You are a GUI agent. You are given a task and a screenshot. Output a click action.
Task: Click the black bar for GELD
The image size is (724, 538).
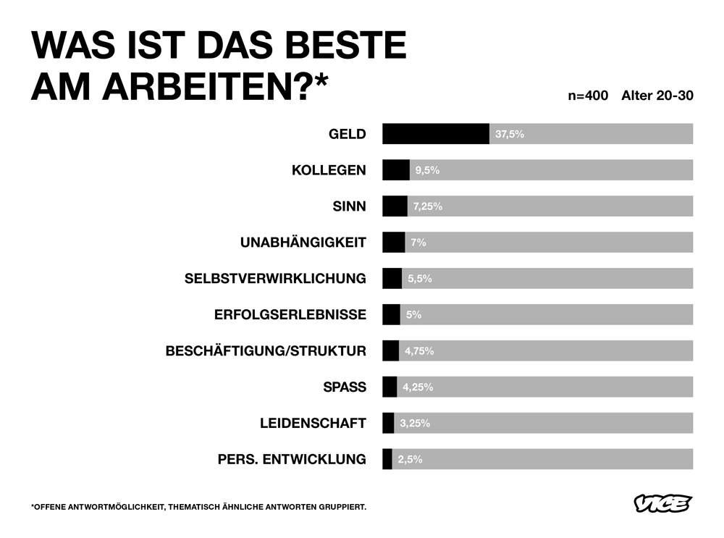click(436, 134)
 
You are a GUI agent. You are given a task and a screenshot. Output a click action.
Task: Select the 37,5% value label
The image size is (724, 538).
click(510, 134)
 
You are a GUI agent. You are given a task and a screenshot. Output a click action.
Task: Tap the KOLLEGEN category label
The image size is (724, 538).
click(329, 170)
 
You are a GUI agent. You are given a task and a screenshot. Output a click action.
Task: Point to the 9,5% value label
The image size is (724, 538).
click(427, 170)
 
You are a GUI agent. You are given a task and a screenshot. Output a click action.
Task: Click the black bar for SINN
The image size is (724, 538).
click(395, 206)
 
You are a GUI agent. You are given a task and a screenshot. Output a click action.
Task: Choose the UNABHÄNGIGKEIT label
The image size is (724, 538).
click(303, 243)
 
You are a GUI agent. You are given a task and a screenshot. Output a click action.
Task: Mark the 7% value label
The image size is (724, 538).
click(418, 243)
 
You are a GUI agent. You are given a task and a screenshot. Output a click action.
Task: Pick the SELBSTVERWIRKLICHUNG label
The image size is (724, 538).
click(275, 279)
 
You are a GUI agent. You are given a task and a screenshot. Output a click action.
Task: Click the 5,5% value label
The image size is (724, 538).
click(420, 279)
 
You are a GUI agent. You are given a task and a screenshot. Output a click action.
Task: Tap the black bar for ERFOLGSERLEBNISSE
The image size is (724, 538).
click(391, 314)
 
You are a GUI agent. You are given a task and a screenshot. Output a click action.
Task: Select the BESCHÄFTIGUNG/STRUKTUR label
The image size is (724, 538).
click(266, 351)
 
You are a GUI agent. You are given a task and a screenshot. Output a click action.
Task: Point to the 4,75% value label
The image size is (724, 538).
click(419, 351)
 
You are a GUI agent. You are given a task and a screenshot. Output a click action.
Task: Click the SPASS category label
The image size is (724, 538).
click(345, 387)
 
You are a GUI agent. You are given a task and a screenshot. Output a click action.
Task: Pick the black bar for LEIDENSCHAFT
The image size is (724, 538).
click(388, 423)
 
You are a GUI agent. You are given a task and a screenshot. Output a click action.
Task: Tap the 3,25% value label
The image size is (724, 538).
click(415, 423)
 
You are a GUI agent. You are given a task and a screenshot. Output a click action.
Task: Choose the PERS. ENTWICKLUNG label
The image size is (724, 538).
click(292, 459)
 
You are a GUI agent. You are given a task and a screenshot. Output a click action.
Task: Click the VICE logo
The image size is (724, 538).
click(662, 503)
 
